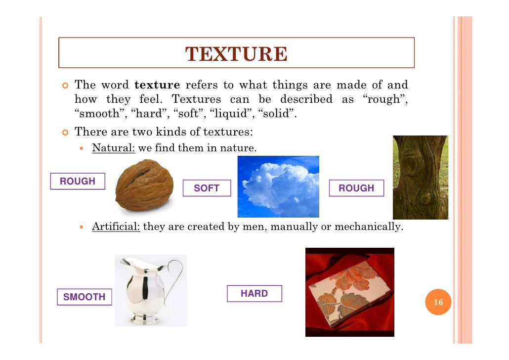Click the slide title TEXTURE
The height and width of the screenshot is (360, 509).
click(236, 54)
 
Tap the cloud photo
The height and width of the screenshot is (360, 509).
click(278, 187)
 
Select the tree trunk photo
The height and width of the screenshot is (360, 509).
click(420, 177)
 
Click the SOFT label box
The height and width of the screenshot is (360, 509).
click(207, 188)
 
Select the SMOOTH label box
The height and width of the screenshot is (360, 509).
click(84, 297)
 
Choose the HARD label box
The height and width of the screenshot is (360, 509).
click(254, 294)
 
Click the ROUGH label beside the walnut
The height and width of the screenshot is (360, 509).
click(78, 181)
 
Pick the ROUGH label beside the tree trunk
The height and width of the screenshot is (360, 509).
click(356, 188)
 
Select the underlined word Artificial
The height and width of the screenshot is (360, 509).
click(116, 227)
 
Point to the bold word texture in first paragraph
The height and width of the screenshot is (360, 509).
click(157, 85)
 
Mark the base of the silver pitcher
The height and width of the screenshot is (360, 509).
click(146, 318)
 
